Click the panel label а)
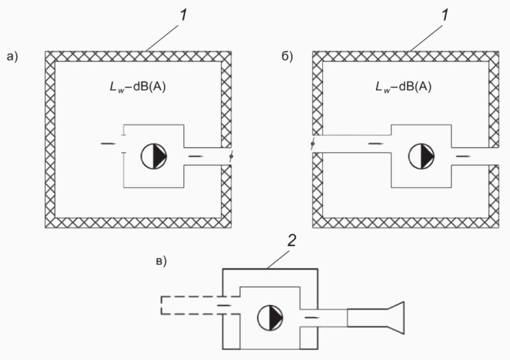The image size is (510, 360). [12, 57]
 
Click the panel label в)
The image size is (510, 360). [162, 261]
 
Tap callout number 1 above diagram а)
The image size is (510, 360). [184, 15]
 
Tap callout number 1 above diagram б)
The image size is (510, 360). [445, 15]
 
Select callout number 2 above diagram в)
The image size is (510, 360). [291, 241]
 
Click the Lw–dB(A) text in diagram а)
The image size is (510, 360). [138, 87]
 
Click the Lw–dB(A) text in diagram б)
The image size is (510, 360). [404, 87]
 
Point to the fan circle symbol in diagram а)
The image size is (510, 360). [154, 156]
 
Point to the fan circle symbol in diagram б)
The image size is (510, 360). [421, 156]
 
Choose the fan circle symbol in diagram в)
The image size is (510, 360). [271, 318]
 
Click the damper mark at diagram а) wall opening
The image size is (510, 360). [231, 157]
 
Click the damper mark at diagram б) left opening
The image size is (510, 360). [312, 144]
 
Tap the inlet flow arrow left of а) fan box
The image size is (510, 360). [109, 144]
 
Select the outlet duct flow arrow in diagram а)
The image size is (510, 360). [196, 157]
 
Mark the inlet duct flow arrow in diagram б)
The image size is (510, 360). [376, 144]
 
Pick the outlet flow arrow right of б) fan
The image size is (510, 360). [463, 157]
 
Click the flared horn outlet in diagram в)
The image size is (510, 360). [375, 318]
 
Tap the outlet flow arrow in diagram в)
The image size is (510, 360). [312, 317]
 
